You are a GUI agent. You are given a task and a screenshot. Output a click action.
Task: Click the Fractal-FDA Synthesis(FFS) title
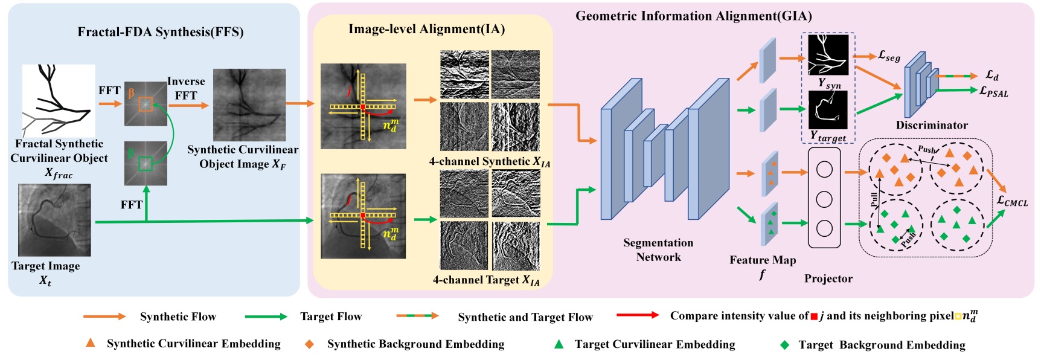coord(160,32)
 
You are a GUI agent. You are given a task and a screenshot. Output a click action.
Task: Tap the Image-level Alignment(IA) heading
coord(426,29)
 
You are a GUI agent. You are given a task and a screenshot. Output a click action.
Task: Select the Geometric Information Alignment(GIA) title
coord(693,16)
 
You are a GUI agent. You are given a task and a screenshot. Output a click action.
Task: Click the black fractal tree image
coord(59,100)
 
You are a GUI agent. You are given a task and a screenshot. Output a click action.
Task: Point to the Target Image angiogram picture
coord(54,220)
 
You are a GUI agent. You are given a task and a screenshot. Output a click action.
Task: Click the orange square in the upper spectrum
coord(146,104)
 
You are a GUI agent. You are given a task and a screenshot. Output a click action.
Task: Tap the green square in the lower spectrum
coord(146,164)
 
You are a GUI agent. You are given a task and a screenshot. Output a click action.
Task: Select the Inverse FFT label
coord(186,88)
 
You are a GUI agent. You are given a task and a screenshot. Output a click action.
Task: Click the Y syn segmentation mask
coord(828,55)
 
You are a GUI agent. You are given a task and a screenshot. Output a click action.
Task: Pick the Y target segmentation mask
coord(828,110)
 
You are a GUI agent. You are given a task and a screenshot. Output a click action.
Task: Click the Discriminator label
coord(931,126)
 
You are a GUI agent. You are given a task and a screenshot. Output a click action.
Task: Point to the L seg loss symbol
coord(889,56)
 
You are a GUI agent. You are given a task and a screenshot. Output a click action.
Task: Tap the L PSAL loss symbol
coord(993,91)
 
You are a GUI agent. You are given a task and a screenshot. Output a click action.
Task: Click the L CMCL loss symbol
coord(1012,201)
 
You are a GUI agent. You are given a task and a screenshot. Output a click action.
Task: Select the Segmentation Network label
coord(658,249)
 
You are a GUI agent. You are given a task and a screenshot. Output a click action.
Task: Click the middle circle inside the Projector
coord(824,199)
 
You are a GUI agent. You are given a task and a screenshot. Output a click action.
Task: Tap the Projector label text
coord(828,278)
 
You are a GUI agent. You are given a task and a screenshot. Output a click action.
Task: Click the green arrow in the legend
coord(266,317)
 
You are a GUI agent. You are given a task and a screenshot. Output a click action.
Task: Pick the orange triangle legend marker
coord(91,343)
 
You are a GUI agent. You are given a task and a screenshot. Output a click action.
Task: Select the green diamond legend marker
coord(784,345)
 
